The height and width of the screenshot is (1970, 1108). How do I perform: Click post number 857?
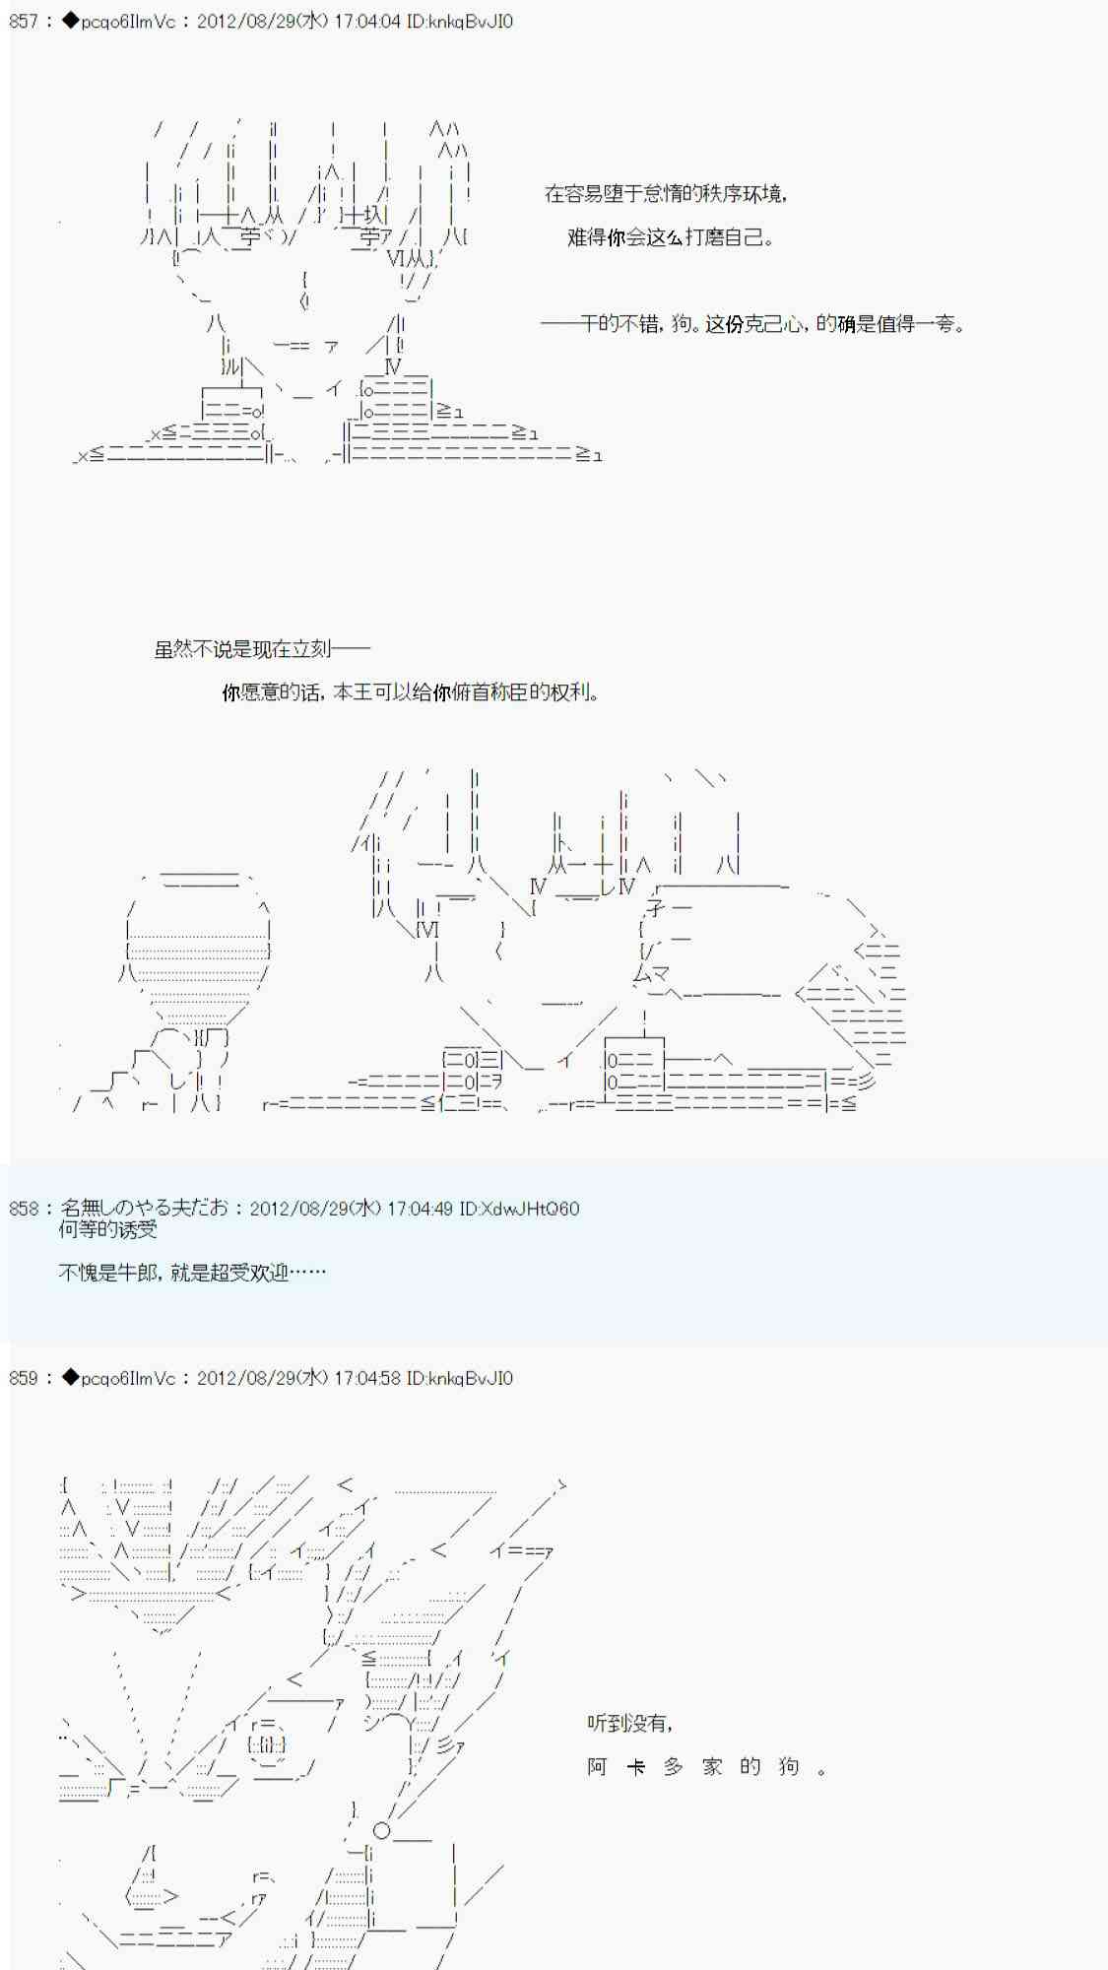(x=23, y=21)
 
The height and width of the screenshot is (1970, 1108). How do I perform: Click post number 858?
(x=23, y=1208)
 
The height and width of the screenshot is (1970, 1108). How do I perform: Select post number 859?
(x=23, y=1378)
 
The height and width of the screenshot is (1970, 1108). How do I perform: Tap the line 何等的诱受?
(x=107, y=1229)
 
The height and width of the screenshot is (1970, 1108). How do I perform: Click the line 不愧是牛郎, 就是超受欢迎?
(x=191, y=1273)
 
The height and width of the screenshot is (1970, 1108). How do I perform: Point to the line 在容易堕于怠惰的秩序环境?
(x=666, y=194)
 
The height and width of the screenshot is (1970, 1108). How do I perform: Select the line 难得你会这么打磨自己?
(x=670, y=237)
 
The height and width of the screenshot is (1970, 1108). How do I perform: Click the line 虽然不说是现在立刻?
(x=262, y=648)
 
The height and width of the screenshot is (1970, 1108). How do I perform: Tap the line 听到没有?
(x=630, y=1723)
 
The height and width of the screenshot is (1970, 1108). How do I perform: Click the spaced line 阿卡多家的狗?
(x=707, y=1766)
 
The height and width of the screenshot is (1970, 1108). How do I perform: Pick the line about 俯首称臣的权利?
(x=411, y=692)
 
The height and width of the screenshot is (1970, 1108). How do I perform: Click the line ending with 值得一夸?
(x=752, y=323)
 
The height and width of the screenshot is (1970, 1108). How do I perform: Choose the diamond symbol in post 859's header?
(x=70, y=1378)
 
